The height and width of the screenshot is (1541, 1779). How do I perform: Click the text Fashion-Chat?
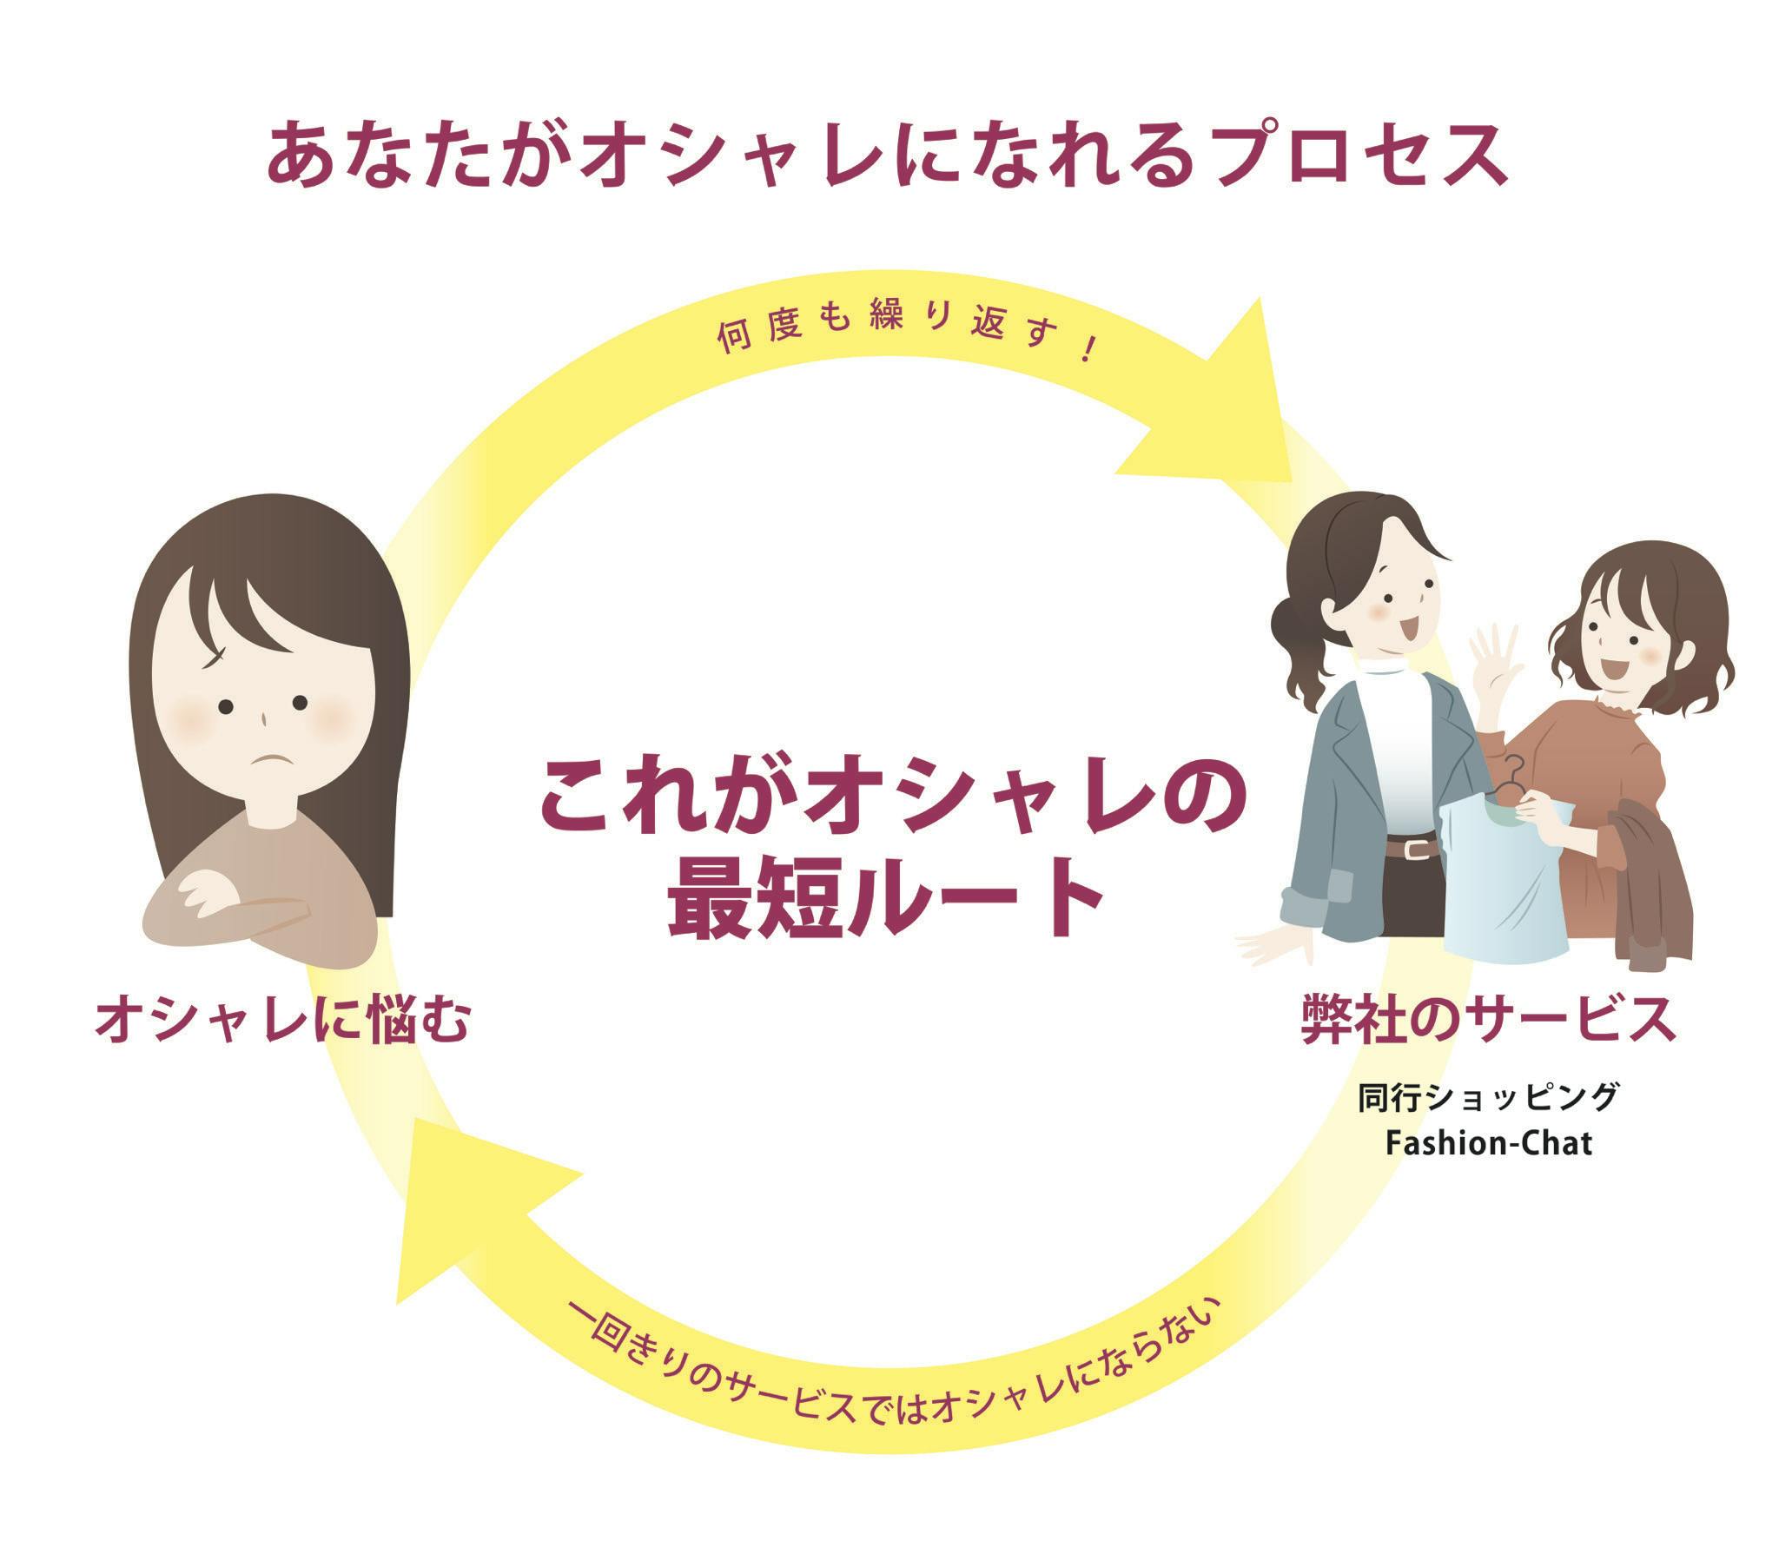pos(1489,1143)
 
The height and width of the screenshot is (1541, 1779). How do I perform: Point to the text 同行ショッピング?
pos(1489,1098)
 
